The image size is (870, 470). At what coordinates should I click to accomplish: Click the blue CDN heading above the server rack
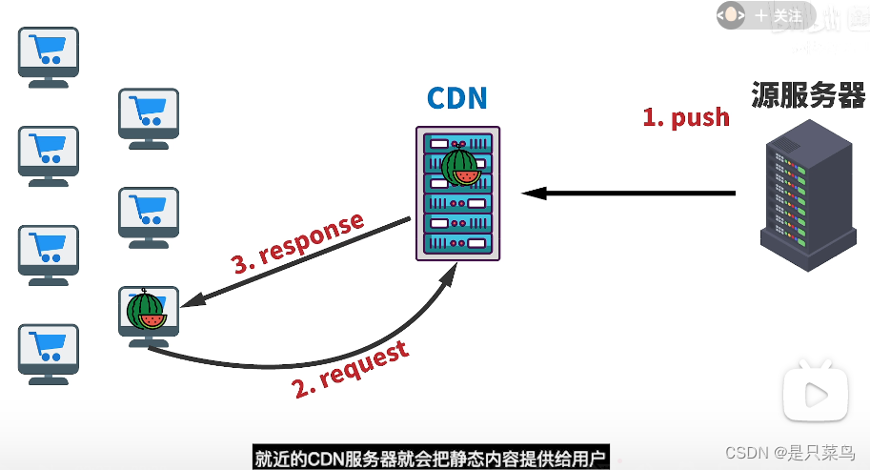pos(456,98)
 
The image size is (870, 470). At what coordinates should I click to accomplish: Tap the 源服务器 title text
pos(808,95)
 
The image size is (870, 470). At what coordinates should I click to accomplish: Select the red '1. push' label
pos(686,117)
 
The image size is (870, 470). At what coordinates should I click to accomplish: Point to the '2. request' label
pos(350,368)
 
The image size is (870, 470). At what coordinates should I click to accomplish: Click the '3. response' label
pos(298,244)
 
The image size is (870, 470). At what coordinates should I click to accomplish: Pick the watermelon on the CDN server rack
pos(458,167)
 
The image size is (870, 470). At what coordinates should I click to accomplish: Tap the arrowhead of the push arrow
pos(531,194)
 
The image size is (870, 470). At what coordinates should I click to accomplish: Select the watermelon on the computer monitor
pos(146,309)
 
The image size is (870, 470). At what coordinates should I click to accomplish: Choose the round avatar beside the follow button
pos(732,15)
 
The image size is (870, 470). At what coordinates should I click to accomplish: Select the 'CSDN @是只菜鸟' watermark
pos(790,452)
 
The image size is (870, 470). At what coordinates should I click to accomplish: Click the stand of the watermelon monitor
pos(147,340)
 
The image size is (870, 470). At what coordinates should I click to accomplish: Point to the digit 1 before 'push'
pos(650,117)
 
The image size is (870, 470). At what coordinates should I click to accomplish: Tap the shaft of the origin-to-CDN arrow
pos(638,194)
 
